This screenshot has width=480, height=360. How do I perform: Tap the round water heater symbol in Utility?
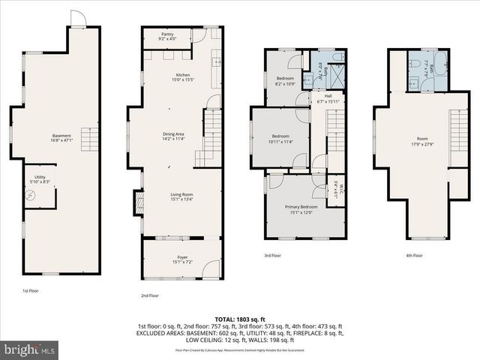(x=31, y=195)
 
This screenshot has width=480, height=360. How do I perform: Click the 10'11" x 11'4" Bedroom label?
(x=281, y=138)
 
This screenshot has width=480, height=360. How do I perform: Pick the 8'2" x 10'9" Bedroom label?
(x=285, y=81)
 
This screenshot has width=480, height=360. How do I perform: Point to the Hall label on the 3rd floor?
(x=328, y=98)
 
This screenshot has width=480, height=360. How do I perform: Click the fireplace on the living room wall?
(x=137, y=202)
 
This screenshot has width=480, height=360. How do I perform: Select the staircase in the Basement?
(x=90, y=139)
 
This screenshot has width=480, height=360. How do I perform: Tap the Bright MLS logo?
(x=30, y=349)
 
